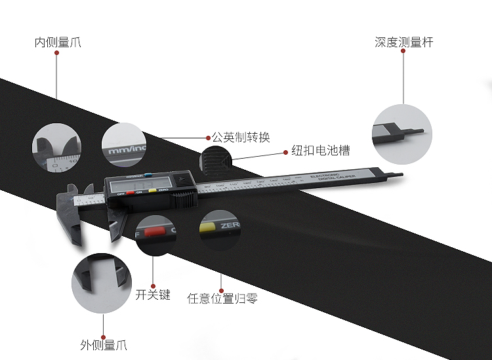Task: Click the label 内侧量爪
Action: (58, 43)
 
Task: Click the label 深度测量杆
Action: (404, 43)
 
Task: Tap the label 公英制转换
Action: (240, 138)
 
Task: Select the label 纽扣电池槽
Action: (320, 151)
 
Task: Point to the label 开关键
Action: (153, 295)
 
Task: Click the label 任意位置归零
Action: (222, 298)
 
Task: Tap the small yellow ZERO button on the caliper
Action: (152, 191)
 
